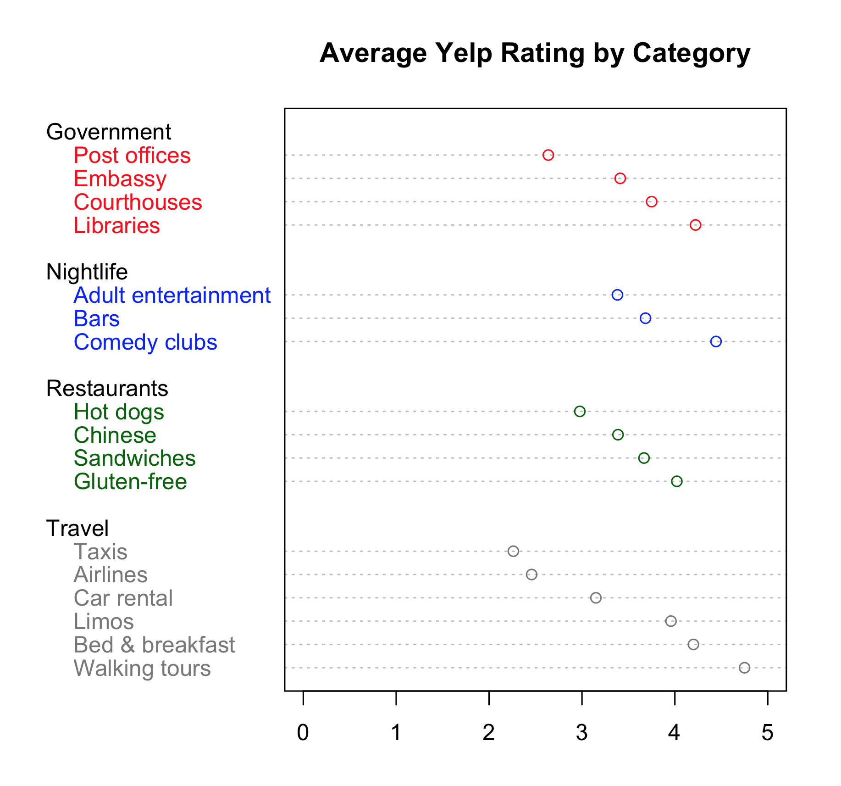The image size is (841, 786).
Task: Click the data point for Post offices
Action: pos(548,155)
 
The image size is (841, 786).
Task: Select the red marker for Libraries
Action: pos(695,225)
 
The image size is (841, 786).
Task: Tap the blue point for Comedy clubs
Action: pos(716,341)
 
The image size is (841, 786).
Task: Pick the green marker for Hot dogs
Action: pos(580,411)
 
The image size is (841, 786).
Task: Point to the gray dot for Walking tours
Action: pos(744,668)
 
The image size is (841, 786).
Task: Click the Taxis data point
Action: pos(513,551)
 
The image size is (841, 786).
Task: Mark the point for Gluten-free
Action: pos(677,481)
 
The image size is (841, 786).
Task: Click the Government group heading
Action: pos(109,132)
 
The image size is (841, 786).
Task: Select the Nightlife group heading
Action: pos(87,272)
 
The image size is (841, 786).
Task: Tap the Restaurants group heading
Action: pos(107,389)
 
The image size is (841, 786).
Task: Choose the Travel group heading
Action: pos(77,529)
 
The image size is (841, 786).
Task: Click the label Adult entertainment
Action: pos(172,295)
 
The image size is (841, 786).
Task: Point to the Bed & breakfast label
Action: pos(154,645)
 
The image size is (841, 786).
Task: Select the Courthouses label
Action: pos(138,202)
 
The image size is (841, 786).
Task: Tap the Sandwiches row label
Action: pos(134,458)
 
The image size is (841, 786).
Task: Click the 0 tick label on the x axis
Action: pos(303,733)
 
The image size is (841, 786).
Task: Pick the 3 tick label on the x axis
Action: pos(581,733)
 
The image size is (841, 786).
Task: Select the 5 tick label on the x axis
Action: pos(768,733)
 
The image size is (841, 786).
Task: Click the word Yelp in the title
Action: pos(464,53)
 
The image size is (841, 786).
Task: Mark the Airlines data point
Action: pos(531,574)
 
